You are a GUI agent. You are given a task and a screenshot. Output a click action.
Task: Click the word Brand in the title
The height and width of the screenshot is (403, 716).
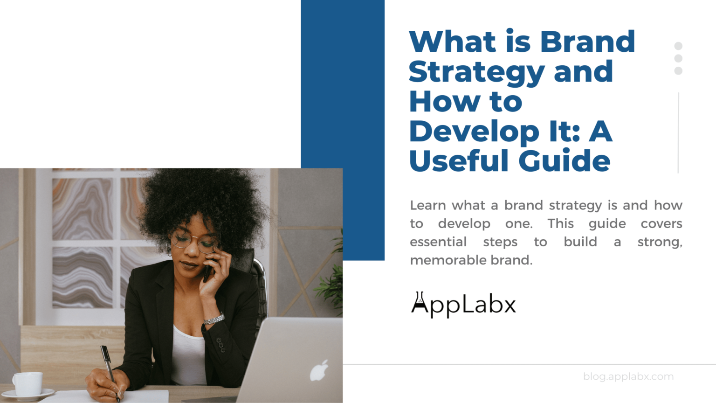click(587, 42)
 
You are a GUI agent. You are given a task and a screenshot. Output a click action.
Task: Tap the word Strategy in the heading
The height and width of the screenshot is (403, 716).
click(476, 73)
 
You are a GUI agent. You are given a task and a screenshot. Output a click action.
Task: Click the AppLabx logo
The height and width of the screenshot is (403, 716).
click(463, 305)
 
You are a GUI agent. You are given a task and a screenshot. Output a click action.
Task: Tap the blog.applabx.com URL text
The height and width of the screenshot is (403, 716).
click(628, 376)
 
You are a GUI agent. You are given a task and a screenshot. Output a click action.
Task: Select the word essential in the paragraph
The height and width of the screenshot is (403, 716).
click(438, 242)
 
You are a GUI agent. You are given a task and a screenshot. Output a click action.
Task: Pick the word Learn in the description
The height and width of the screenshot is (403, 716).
click(428, 206)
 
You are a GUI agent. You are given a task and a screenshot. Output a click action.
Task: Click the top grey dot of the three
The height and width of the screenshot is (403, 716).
click(678, 46)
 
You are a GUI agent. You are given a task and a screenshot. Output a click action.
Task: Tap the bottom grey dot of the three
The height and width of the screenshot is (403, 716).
click(678, 71)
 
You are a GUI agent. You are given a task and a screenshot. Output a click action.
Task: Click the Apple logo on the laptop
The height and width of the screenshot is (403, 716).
click(319, 370)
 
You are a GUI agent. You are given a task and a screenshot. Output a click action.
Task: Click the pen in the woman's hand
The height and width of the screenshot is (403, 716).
click(110, 368)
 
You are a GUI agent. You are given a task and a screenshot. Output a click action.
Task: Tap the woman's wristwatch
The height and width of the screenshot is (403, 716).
click(214, 320)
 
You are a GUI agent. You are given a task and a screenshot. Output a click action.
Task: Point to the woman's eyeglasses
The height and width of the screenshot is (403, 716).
click(193, 242)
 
